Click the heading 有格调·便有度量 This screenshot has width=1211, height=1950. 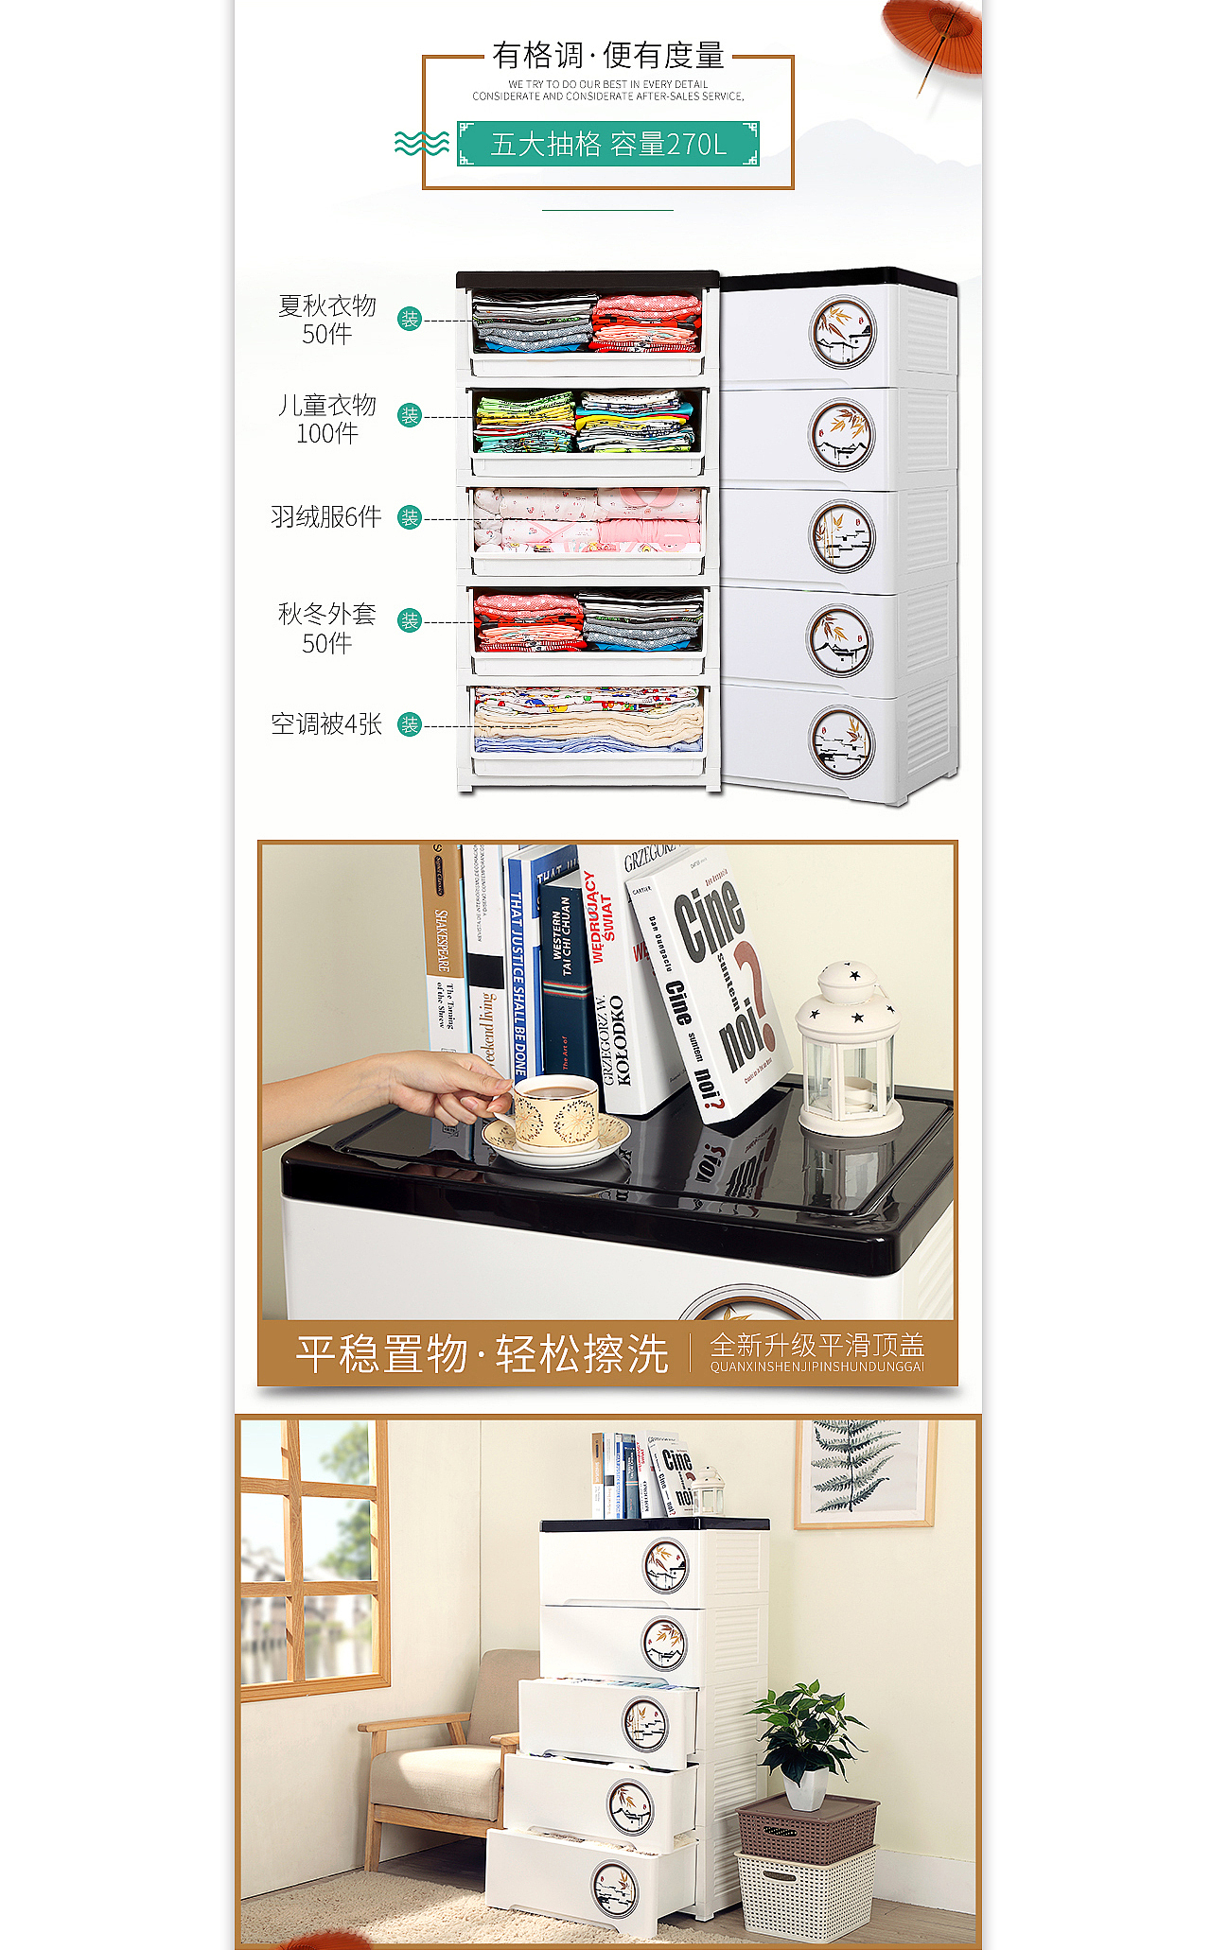[607, 56]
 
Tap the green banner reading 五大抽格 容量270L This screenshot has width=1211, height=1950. [607, 144]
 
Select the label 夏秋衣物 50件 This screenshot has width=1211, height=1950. [326, 320]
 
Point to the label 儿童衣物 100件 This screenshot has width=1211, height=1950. [326, 419]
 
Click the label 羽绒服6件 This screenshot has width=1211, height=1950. [326, 517]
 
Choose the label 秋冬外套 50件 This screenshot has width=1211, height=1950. [326, 628]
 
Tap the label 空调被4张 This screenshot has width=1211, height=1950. [326, 724]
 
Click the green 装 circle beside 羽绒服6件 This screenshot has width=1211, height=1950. [410, 517]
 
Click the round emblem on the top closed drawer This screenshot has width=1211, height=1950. [842, 333]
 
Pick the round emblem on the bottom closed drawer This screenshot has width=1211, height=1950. [842, 741]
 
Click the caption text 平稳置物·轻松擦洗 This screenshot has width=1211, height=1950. [482, 1354]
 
